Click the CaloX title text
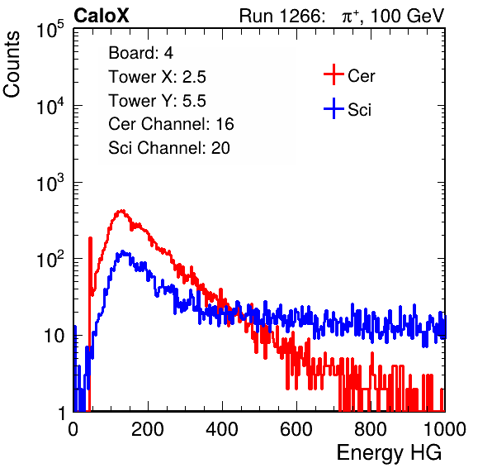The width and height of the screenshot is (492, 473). [102, 16]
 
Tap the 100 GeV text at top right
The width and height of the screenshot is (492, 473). [407, 16]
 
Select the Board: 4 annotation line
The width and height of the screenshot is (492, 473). [141, 53]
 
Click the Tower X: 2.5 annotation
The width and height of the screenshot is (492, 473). [157, 77]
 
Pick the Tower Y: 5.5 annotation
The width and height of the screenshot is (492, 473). [157, 101]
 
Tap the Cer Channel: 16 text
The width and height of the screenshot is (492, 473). [172, 124]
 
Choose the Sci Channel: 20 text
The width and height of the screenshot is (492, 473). [169, 148]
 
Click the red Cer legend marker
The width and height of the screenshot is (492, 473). [334, 74]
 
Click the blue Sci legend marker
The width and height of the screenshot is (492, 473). [334, 109]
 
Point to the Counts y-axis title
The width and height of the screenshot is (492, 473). [12, 64]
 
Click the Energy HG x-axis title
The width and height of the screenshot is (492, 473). [389, 452]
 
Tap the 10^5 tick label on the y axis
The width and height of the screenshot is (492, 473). [50, 31]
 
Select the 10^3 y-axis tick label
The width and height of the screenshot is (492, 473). [50, 184]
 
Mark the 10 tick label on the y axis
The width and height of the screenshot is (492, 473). [54, 336]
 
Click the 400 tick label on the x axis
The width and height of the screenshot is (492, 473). [222, 429]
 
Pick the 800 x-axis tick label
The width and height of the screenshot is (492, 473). [371, 429]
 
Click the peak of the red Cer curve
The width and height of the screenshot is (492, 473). [121, 211]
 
